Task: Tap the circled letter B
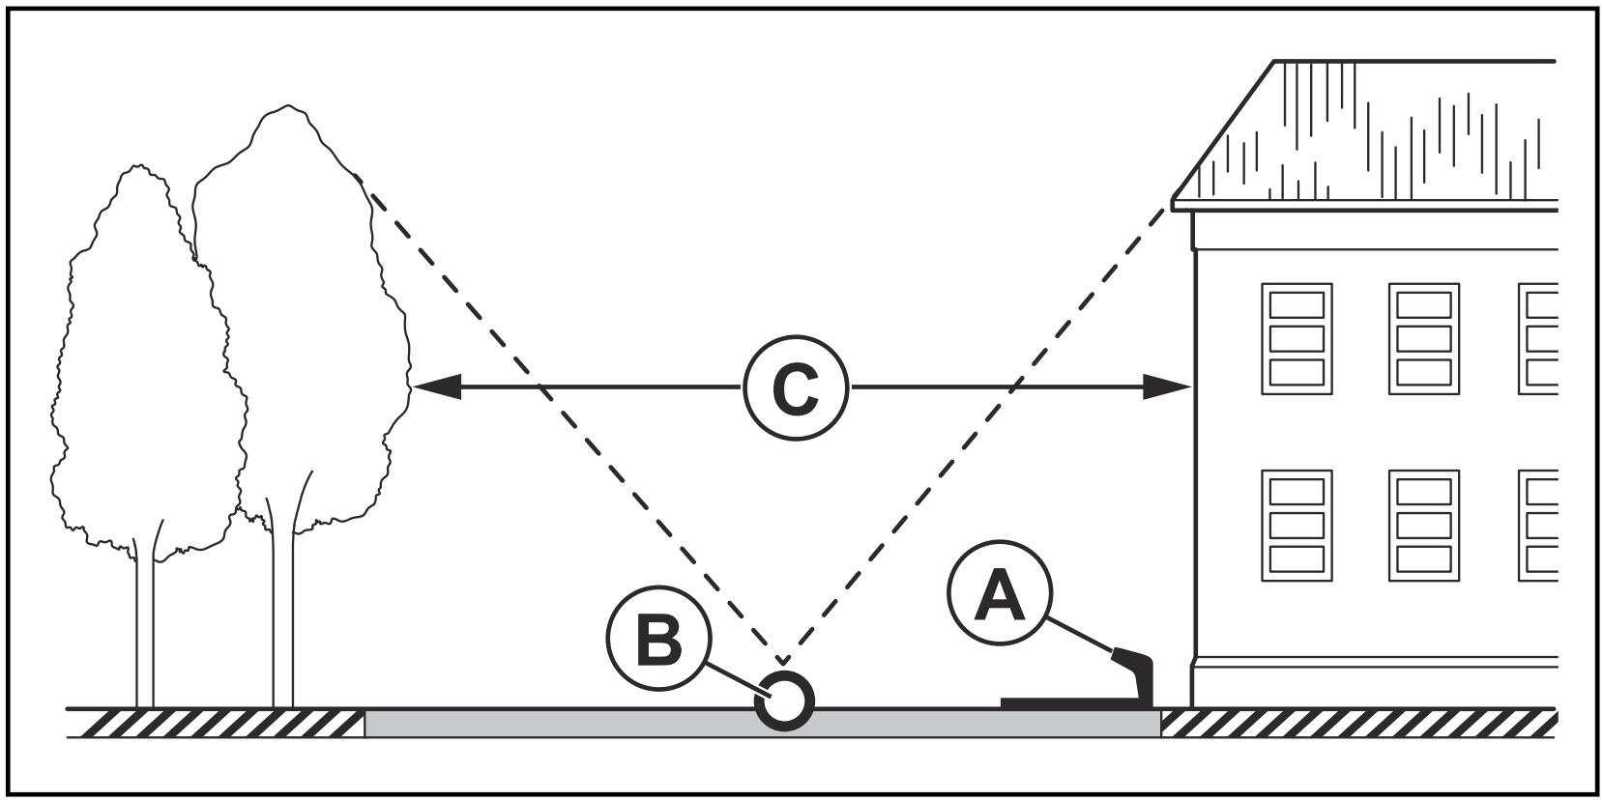[657, 640]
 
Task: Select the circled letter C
[795, 388]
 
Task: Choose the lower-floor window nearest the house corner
[1297, 526]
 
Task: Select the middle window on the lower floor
[1423, 526]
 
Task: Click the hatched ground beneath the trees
[213, 723]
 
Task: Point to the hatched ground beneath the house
[1354, 723]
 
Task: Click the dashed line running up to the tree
[561, 415]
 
